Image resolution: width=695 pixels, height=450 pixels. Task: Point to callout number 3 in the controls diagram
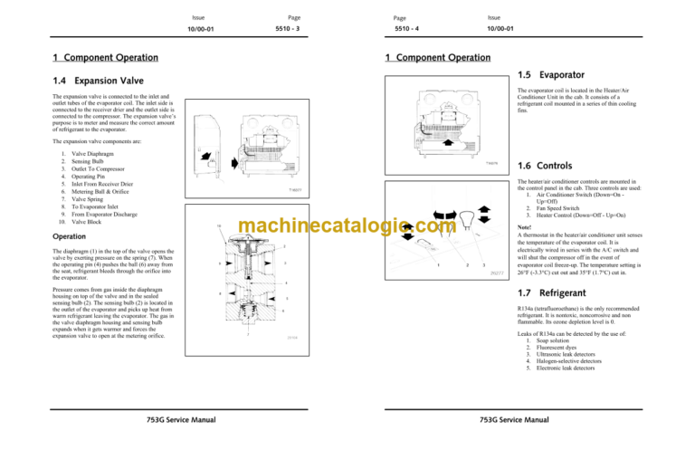[485, 264]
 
